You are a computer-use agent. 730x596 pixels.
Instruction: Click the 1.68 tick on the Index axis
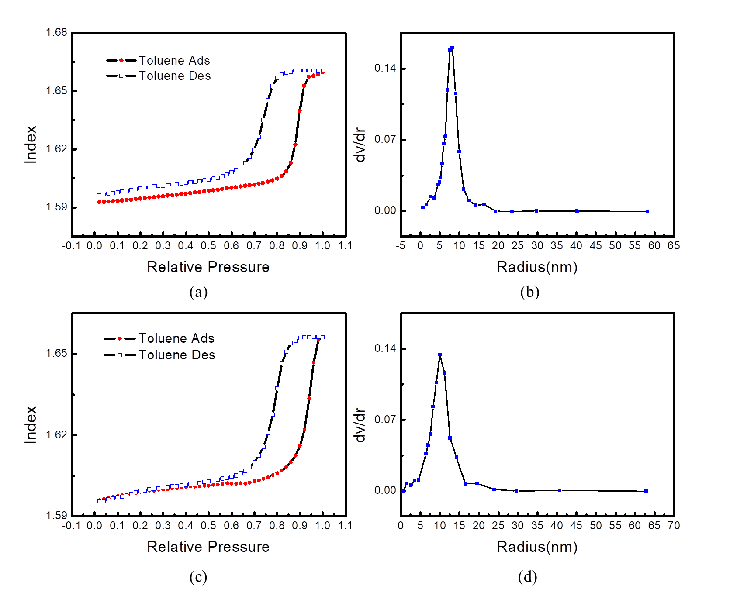57,32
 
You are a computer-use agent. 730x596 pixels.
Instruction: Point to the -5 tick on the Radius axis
401,246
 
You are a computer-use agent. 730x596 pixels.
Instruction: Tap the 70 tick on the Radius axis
674,526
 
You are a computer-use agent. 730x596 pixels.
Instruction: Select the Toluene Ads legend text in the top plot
175,61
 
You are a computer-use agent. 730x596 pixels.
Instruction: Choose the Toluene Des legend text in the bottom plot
177,355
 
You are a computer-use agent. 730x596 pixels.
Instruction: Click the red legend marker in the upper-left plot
121,60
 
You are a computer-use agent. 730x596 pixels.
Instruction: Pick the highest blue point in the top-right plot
452,48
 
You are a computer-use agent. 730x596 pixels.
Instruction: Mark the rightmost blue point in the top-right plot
647,211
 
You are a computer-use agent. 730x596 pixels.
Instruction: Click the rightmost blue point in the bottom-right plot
646,491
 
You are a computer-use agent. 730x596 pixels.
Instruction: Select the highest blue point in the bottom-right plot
440,355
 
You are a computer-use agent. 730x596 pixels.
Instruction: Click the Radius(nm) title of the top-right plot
537,267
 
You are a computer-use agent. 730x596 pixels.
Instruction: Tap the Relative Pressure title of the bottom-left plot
208,547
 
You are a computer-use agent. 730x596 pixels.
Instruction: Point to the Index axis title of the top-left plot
31,145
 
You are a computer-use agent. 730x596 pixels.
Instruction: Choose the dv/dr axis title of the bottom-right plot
360,425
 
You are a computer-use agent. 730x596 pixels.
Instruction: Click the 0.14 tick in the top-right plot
385,68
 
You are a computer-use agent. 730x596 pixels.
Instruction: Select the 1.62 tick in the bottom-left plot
57,434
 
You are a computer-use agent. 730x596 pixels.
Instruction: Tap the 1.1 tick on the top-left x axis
345,246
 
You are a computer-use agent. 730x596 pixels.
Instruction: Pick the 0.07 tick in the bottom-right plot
385,420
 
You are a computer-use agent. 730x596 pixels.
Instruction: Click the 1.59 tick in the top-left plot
57,207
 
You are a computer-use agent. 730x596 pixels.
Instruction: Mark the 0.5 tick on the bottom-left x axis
208,526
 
